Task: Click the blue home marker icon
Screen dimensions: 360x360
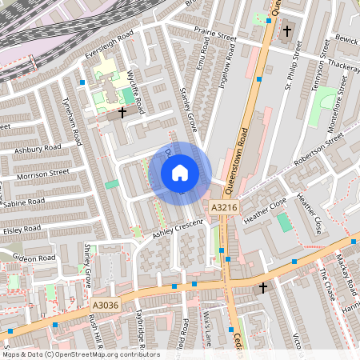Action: (179, 172)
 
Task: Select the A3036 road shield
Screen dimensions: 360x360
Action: (104, 305)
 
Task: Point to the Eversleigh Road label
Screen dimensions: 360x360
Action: (108, 48)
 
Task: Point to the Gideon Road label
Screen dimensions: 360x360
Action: (34, 258)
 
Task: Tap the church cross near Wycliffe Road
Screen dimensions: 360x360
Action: (122, 113)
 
